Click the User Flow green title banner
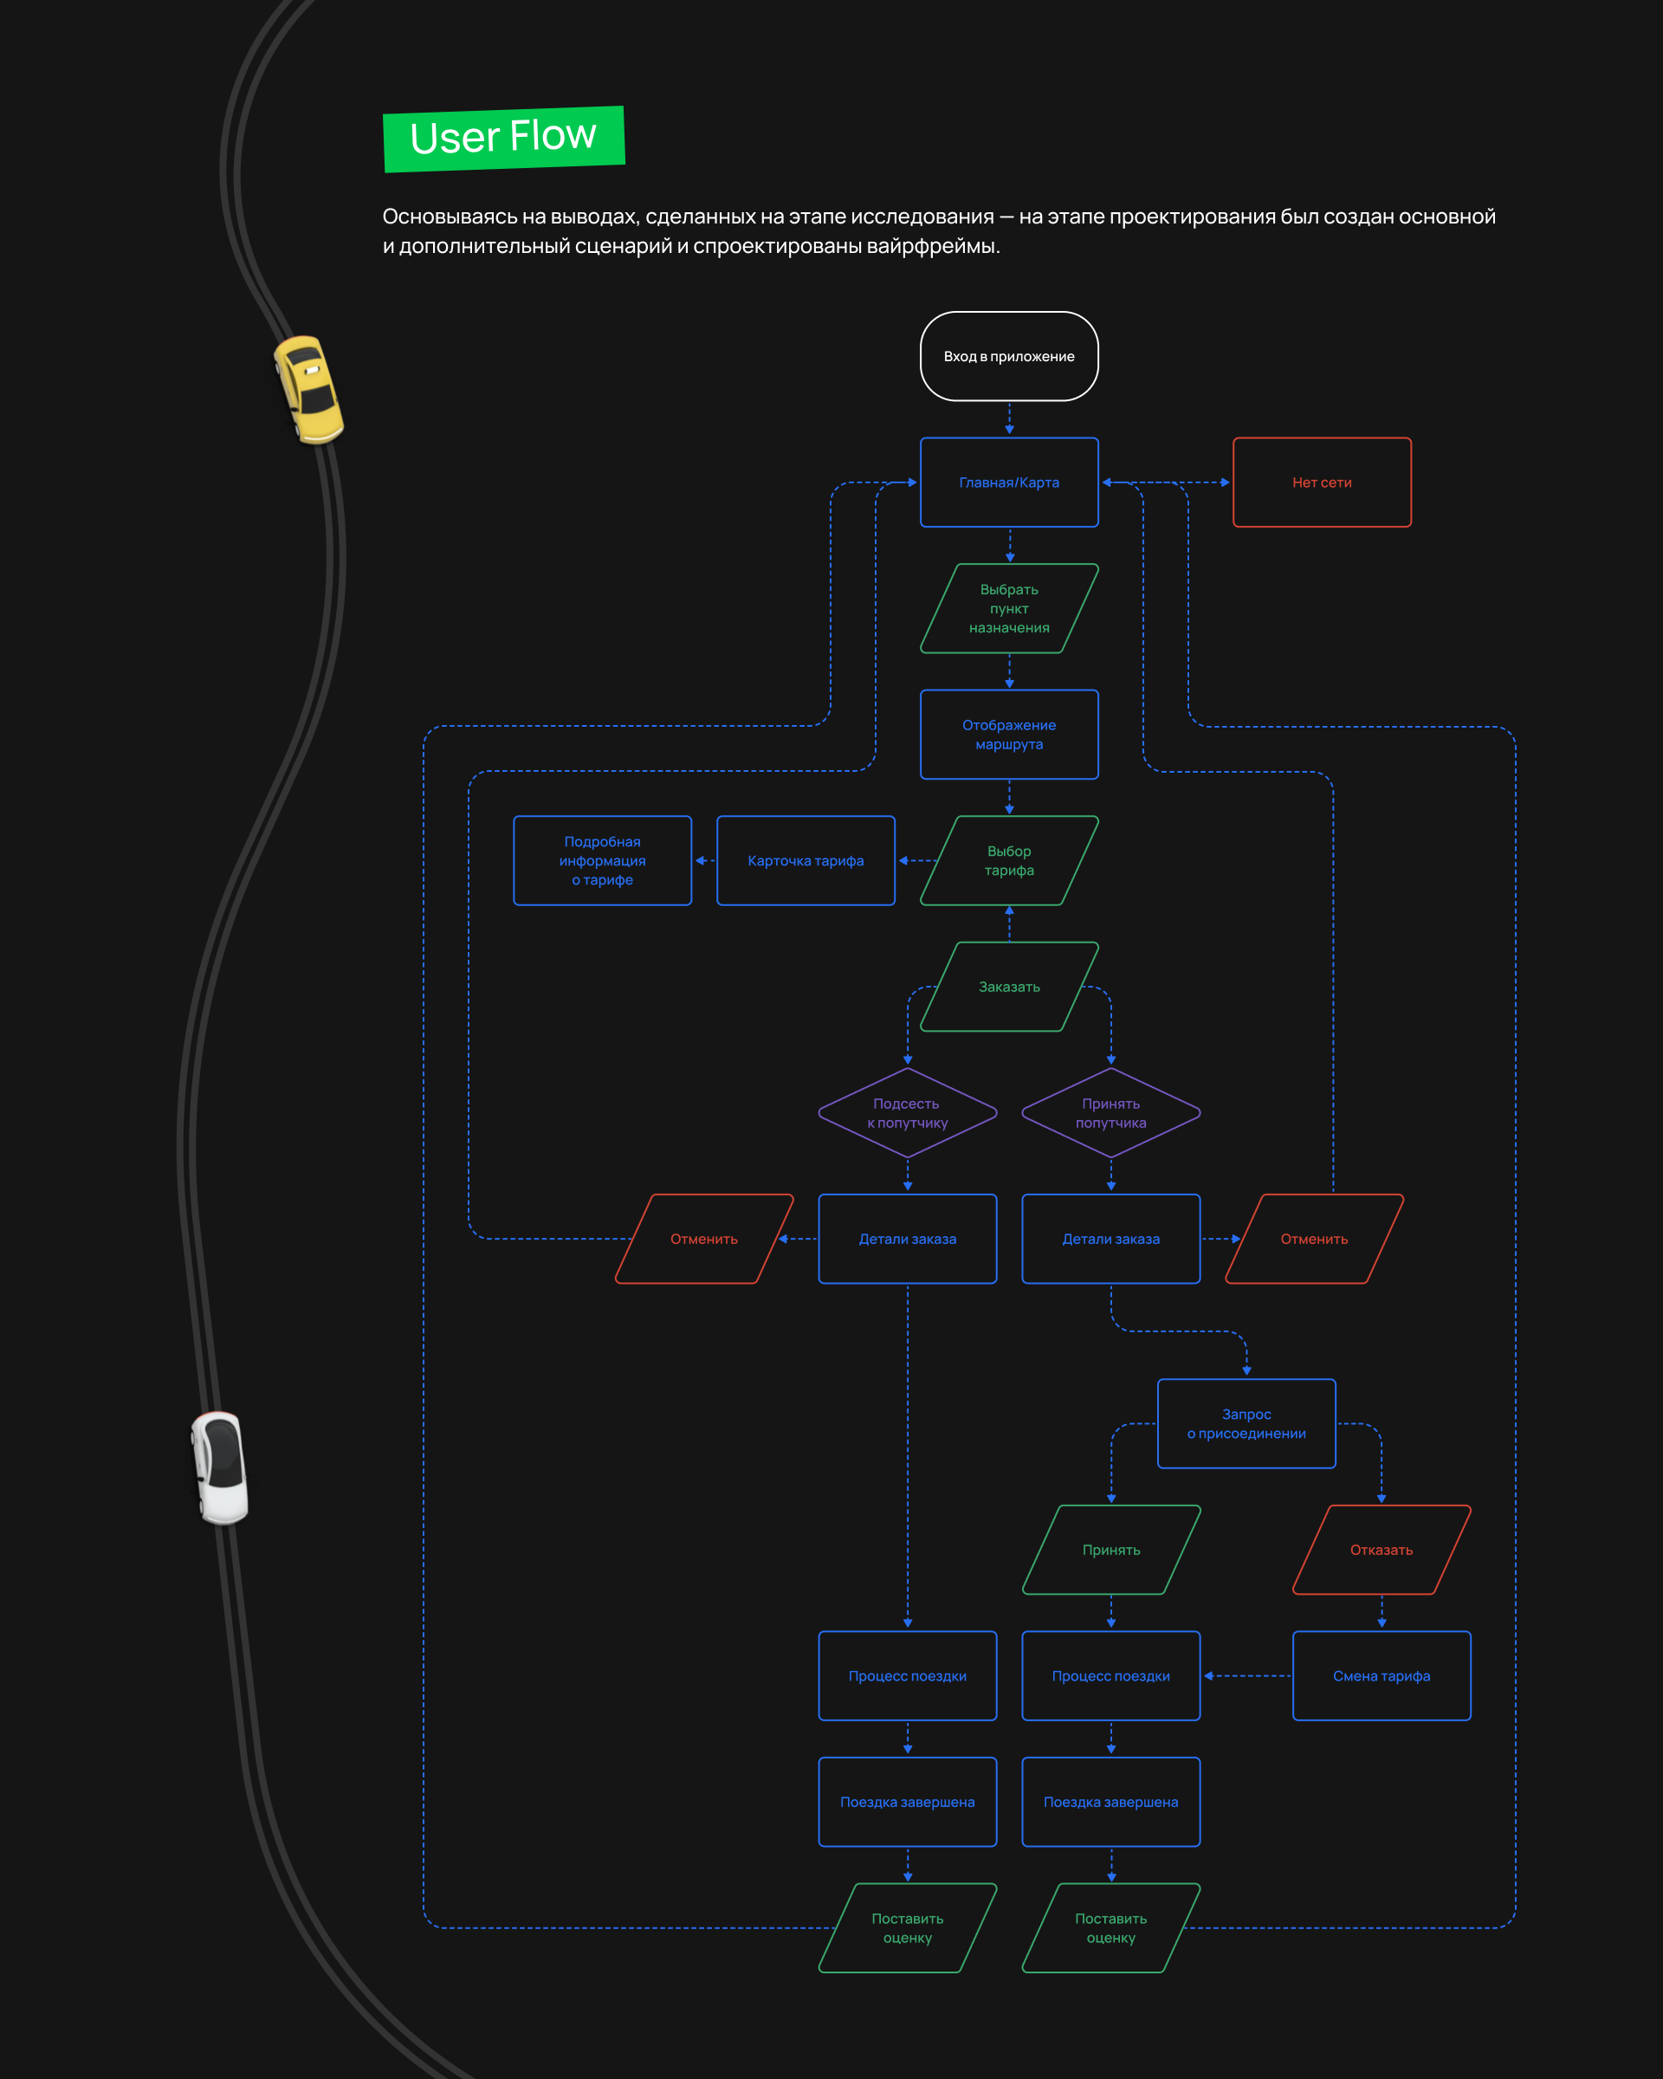(x=503, y=138)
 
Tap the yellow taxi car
(x=308, y=389)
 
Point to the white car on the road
(x=220, y=1467)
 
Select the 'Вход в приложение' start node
(x=1008, y=356)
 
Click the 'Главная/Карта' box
(x=1008, y=483)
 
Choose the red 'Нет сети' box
(x=1322, y=483)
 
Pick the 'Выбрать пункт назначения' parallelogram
(x=1008, y=608)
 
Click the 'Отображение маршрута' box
(x=1008, y=735)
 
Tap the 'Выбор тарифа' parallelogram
(x=1008, y=860)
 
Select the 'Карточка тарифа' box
(x=805, y=860)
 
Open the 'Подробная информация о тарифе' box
(x=602, y=860)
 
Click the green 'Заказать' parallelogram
(x=1008, y=987)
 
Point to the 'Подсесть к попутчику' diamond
(x=907, y=1113)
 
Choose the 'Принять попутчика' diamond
(x=1110, y=1113)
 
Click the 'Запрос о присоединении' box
(x=1246, y=1423)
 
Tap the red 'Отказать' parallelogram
(x=1381, y=1550)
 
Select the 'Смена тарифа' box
(x=1381, y=1676)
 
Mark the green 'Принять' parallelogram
(x=1110, y=1550)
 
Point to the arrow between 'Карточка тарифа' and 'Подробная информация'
(x=705, y=860)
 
